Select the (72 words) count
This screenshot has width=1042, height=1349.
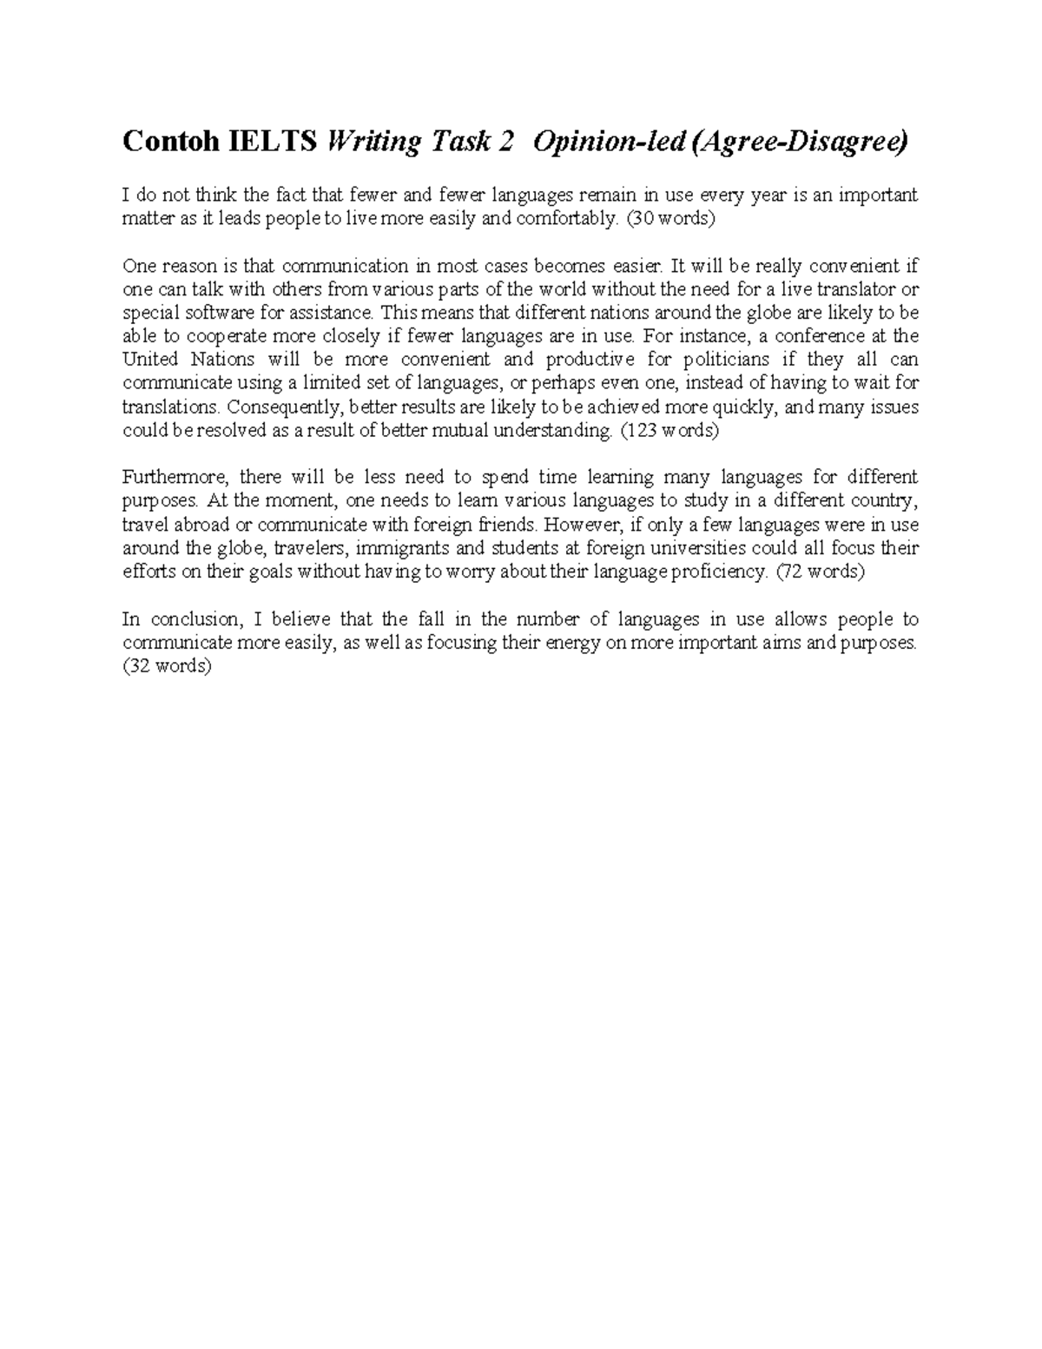[x=820, y=572]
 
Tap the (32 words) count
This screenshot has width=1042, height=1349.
[x=167, y=667]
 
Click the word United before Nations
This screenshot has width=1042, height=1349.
[x=151, y=360]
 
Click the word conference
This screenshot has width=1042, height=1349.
[x=817, y=336]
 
